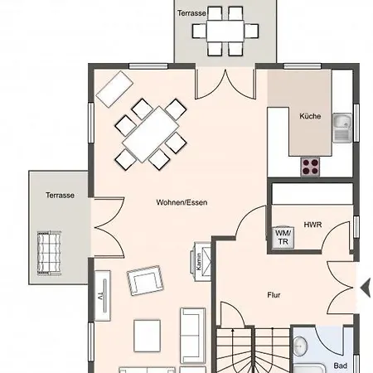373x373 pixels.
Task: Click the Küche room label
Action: [310, 116]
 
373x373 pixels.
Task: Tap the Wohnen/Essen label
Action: [182, 202]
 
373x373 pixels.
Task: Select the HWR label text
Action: [312, 225]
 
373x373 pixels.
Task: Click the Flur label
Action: [274, 295]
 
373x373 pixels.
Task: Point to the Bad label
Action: [340, 366]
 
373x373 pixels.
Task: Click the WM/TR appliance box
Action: [283, 238]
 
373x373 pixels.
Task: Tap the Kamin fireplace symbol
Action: [201, 262]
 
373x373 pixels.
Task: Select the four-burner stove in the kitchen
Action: [310, 167]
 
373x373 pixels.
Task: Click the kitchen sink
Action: [342, 128]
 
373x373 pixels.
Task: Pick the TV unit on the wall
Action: [103, 296]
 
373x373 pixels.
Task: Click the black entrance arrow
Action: [366, 288]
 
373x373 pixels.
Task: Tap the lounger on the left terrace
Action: [49, 253]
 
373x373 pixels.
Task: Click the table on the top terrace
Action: [225, 31]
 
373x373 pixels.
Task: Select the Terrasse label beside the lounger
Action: [60, 196]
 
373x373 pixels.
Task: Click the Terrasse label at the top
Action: [191, 13]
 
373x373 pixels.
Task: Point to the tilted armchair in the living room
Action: [145, 280]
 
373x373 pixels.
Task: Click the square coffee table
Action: [147, 336]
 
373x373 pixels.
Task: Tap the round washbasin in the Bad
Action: [300, 346]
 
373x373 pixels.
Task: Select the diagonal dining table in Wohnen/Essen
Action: [151, 134]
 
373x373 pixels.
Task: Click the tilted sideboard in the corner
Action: [114, 89]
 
